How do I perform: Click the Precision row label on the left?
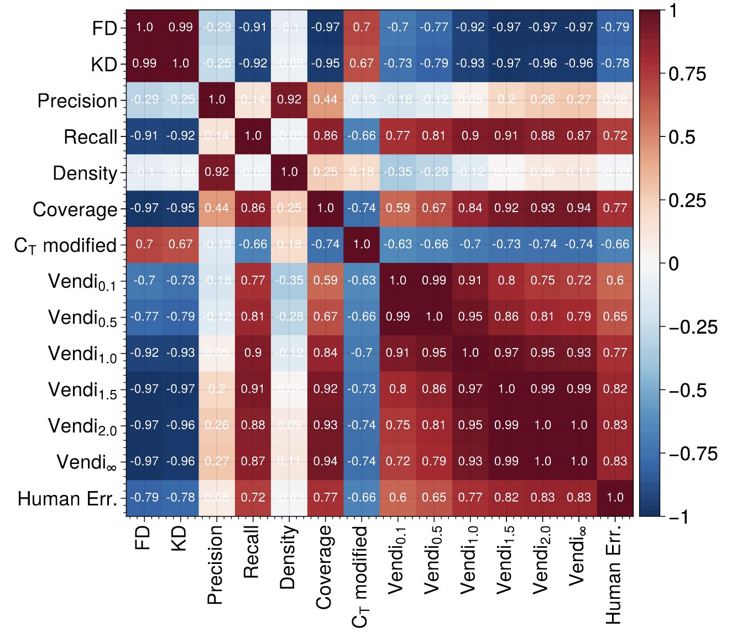(77, 101)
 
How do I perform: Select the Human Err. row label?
(67, 498)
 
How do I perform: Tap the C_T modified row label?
(65, 245)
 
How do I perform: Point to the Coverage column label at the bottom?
(325, 567)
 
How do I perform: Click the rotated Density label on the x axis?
(288, 557)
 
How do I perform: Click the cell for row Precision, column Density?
(289, 99)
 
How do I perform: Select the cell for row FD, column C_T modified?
(362, 27)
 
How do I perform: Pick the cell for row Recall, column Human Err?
(615, 136)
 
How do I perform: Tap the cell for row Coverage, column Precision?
(217, 208)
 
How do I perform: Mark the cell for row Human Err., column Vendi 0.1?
(398, 498)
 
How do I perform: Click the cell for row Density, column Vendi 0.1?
(398, 172)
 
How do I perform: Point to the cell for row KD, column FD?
(144, 63)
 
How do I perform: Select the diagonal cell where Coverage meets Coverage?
(325, 208)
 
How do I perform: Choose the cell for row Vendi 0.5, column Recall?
(253, 317)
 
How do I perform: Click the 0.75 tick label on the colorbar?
(687, 74)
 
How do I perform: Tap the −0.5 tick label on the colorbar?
(692, 391)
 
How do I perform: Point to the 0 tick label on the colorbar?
(673, 263)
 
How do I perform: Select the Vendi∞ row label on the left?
(87, 462)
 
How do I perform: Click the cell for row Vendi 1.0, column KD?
(180, 353)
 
